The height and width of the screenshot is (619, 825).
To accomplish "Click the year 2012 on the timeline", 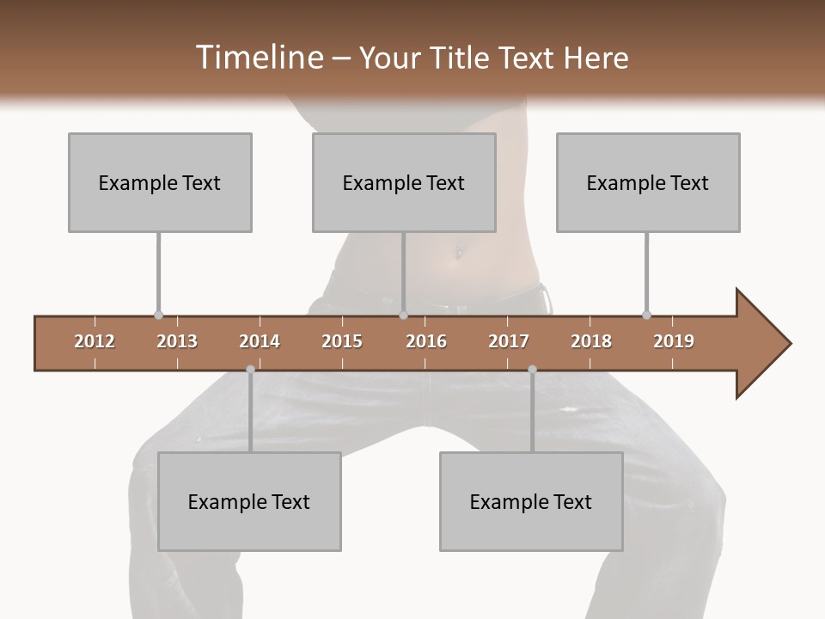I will click(x=95, y=341).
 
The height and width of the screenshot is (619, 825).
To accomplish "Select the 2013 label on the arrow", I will click(x=177, y=341).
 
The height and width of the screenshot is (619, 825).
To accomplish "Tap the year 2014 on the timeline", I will click(x=260, y=341).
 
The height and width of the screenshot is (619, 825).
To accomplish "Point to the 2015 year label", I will click(x=342, y=341).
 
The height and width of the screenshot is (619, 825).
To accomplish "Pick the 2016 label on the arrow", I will click(x=426, y=341).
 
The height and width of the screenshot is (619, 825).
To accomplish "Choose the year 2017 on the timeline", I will click(x=509, y=341).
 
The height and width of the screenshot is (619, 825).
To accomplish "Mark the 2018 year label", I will click(x=591, y=341).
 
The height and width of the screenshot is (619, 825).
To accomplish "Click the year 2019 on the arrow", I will click(x=674, y=341).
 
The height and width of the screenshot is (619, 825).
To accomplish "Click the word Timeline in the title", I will click(x=259, y=58).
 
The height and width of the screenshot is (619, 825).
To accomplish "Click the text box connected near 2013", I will click(x=160, y=182).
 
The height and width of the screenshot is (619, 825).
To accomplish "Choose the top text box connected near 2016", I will click(x=404, y=182).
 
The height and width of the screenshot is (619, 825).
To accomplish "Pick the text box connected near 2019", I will click(x=648, y=182).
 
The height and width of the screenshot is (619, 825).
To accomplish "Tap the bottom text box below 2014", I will click(x=249, y=501).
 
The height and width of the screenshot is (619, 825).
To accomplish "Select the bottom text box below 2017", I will click(x=531, y=501).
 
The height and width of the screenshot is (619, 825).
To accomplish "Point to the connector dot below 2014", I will click(x=250, y=370).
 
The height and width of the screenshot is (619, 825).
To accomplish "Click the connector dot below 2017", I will click(x=532, y=370).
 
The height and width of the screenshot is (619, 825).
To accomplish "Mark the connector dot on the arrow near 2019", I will click(x=646, y=315).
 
